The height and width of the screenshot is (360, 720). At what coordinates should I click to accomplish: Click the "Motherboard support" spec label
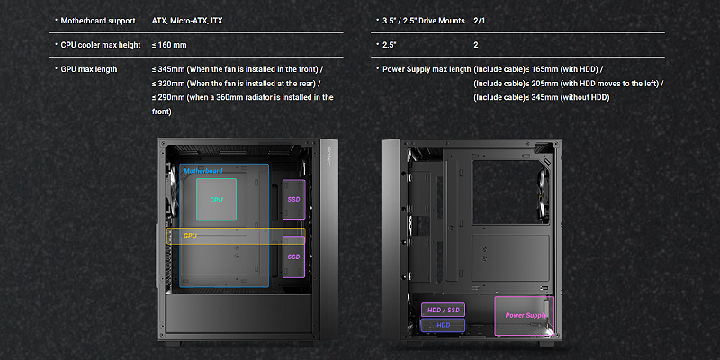[x=98, y=21]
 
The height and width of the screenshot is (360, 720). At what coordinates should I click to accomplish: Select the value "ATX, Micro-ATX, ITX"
[x=187, y=21]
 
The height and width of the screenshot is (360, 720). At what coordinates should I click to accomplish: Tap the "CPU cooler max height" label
[x=101, y=45]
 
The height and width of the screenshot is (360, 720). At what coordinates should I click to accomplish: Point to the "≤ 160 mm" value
[x=169, y=45]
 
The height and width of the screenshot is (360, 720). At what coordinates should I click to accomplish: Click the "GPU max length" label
[x=88, y=69]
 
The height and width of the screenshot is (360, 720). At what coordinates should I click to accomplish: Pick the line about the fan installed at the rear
[x=237, y=84]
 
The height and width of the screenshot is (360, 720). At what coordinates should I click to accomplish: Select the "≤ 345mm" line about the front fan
[x=238, y=69]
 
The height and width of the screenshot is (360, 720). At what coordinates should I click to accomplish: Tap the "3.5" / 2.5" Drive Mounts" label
[x=423, y=21]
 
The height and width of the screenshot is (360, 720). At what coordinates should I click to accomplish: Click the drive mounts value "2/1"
[x=479, y=21]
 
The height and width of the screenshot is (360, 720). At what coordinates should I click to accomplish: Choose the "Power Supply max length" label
[x=427, y=69]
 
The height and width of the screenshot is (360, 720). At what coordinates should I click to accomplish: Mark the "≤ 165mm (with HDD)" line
[x=538, y=69]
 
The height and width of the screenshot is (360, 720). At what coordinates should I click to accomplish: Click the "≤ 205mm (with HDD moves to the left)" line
[x=569, y=84]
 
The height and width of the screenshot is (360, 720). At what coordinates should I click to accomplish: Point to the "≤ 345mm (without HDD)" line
[x=542, y=97]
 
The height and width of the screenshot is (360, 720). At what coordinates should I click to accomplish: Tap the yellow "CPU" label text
[x=190, y=236]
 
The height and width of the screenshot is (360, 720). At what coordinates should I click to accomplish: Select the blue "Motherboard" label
[x=203, y=171]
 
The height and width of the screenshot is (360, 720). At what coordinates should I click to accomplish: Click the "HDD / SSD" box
[x=443, y=310]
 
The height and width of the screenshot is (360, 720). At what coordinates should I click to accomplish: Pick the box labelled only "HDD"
[x=443, y=325]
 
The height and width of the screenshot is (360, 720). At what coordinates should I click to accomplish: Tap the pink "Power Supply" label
[x=526, y=316]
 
